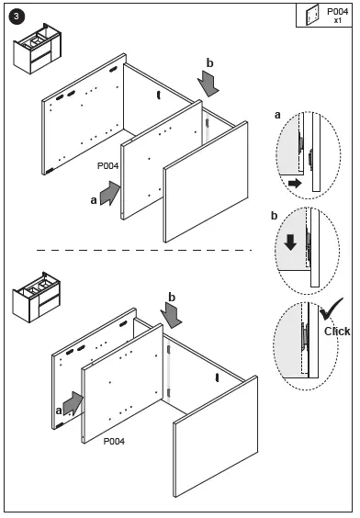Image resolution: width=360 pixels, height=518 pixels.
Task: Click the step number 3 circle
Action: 17,17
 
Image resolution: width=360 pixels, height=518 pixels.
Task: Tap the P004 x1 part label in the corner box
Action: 337,16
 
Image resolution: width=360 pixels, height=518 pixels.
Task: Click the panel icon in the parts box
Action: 312,15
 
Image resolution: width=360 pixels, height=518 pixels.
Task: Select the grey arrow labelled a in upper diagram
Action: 110,193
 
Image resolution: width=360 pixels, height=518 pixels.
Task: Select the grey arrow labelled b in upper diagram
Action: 208,84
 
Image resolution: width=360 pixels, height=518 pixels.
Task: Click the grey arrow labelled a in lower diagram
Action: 73,404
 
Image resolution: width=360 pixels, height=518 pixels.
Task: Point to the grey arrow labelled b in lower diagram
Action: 171,316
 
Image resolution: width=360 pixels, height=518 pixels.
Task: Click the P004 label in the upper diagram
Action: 107,166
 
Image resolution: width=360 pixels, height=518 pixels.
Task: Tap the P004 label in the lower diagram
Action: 114,441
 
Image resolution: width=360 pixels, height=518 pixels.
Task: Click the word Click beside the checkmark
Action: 337,332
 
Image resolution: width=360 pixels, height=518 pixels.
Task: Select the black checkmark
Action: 331,309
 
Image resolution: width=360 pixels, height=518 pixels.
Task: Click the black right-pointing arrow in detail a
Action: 295,183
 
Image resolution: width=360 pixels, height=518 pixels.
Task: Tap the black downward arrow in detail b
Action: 290,242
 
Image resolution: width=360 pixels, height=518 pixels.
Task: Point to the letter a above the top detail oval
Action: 277,115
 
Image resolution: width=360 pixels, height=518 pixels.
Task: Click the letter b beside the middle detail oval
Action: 274,216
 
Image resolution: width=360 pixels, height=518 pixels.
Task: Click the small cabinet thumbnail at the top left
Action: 38,49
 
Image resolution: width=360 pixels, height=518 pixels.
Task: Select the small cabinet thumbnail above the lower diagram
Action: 37,298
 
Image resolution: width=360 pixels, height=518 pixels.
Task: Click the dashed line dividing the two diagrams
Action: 144,250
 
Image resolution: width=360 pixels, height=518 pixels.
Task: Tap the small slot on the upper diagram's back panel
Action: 159,96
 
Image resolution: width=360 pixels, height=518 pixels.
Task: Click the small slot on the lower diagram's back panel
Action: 217,377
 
